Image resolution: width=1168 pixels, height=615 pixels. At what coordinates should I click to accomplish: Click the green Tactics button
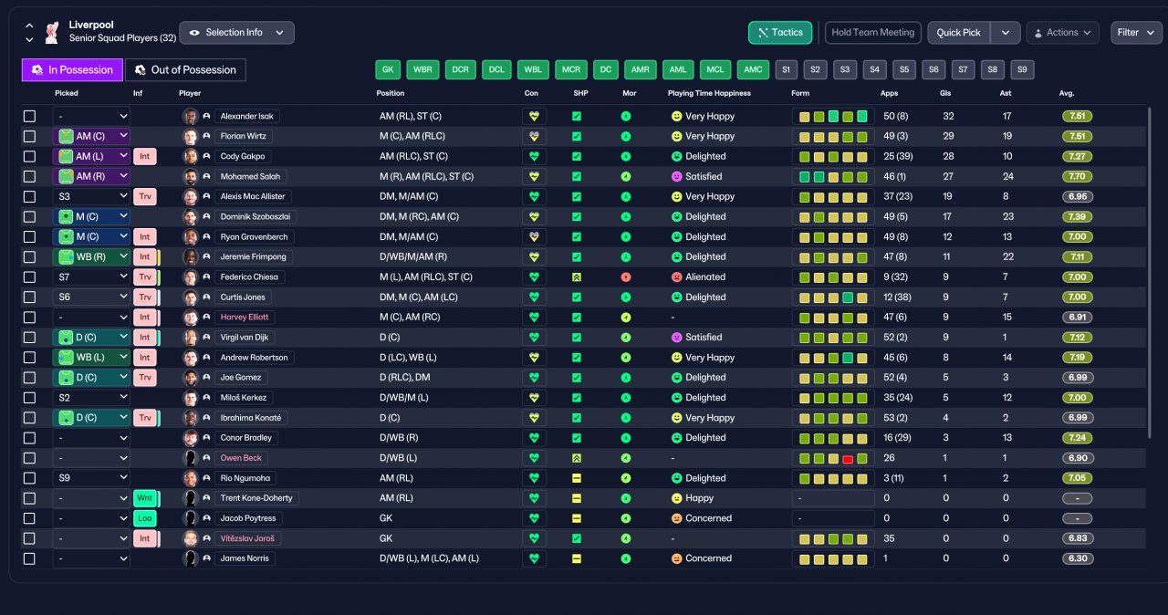coord(780,32)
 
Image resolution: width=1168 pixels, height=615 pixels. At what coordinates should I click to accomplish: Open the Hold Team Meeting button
coord(873,32)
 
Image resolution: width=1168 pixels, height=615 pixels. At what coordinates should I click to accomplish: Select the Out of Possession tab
coord(185,70)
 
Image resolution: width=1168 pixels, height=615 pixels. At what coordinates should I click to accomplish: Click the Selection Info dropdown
coord(236,32)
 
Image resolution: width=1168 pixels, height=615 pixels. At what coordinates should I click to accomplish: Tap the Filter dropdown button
coord(1136,32)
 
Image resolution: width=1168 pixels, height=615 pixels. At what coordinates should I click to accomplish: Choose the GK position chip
coord(388,69)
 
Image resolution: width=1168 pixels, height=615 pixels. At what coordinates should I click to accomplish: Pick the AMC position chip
coord(753,69)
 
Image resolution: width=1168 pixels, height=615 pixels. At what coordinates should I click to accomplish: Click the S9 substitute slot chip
coord(1022,69)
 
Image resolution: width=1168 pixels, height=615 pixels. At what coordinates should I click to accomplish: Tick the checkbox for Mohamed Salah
coord(30,177)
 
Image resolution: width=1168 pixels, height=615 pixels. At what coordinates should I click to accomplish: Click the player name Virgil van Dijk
coord(244,338)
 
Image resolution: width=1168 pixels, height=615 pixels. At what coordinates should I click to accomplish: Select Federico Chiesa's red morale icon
coord(626,277)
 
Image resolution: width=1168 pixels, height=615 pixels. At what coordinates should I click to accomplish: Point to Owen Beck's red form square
coord(848,459)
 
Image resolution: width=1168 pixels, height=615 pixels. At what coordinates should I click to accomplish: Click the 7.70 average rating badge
coord(1078,176)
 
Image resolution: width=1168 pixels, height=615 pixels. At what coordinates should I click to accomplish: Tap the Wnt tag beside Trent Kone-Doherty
coord(145,497)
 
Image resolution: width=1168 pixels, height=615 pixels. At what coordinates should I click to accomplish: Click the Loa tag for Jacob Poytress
coord(145,518)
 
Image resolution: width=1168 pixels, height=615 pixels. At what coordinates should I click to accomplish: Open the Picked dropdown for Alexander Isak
coord(91,116)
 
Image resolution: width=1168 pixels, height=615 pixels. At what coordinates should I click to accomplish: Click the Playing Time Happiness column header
coord(709,93)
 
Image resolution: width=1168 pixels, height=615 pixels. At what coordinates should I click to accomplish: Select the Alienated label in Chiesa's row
coord(705,276)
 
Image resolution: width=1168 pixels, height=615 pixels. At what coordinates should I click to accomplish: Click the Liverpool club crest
coord(52,32)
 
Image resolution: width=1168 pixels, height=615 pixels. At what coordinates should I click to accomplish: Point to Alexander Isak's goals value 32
coord(948,116)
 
